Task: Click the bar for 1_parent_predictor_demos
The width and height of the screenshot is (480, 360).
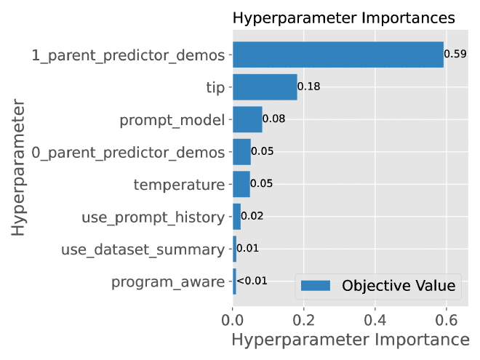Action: coord(337,55)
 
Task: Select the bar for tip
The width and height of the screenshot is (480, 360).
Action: coord(265,87)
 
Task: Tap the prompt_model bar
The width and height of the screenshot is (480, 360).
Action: coord(247,119)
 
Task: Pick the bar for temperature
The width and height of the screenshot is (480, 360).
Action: coord(241,184)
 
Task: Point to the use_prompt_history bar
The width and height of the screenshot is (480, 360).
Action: coord(236,217)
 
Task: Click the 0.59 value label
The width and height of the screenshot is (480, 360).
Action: coord(455,55)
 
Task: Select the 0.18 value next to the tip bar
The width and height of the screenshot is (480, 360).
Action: coord(309,87)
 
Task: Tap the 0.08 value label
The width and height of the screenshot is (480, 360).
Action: coord(274,119)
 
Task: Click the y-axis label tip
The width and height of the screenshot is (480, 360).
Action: coord(215,88)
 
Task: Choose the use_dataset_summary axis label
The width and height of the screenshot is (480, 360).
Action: coord(143,249)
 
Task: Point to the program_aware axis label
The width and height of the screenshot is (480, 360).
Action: coord(168,282)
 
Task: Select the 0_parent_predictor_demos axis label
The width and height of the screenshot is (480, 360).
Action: coord(128,152)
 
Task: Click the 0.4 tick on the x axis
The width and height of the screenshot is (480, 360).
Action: coord(375,319)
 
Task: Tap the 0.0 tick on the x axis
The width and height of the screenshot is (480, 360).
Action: coord(233,319)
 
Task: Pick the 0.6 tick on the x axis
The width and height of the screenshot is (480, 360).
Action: coord(446,319)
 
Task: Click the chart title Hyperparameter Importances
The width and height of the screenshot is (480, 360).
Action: coord(344,18)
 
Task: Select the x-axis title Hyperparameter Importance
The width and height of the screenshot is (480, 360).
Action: coord(350,340)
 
